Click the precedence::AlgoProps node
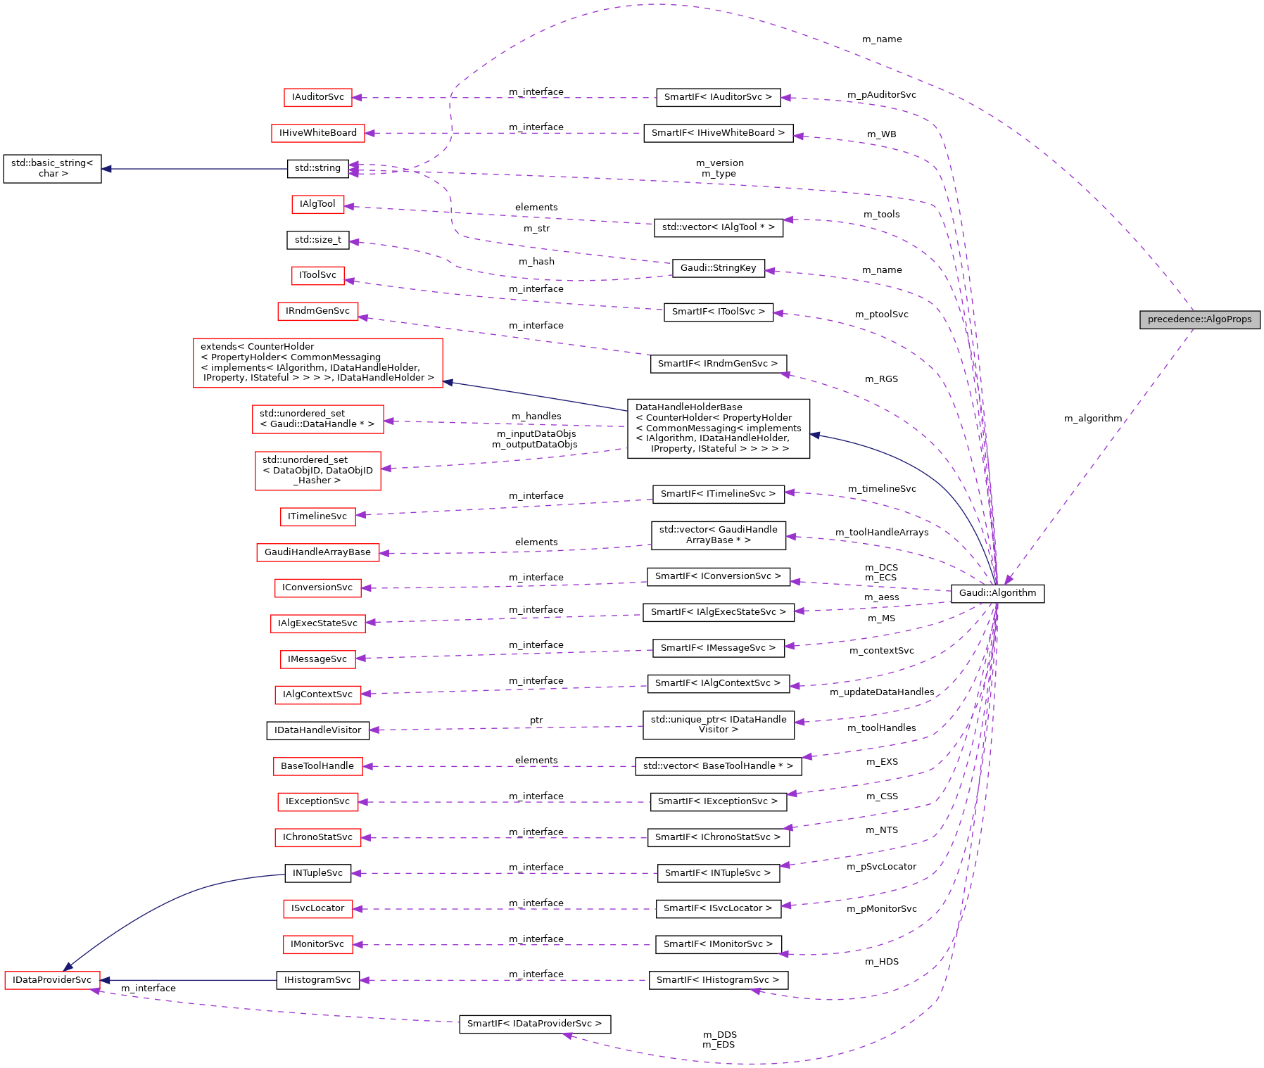pos(1199,319)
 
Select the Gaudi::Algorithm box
pos(997,593)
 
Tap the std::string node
pos(317,168)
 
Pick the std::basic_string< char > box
pos(52,168)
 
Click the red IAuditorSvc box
pos(317,97)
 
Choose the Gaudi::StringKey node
pos(718,268)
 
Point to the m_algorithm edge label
pos(1092,419)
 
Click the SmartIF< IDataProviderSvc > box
pos(534,1024)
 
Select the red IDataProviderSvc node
pos(52,980)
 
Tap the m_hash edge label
pos(536,262)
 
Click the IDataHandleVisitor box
pos(317,730)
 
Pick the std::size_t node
pos(317,240)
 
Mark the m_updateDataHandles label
pos(881,692)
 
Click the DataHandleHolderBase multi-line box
pos(718,428)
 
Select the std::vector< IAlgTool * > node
pos(718,227)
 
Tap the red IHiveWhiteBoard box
pos(317,133)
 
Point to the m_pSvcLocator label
pos(881,867)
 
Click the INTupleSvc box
pos(317,873)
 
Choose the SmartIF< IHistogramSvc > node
pos(718,980)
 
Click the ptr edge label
pos(536,720)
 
